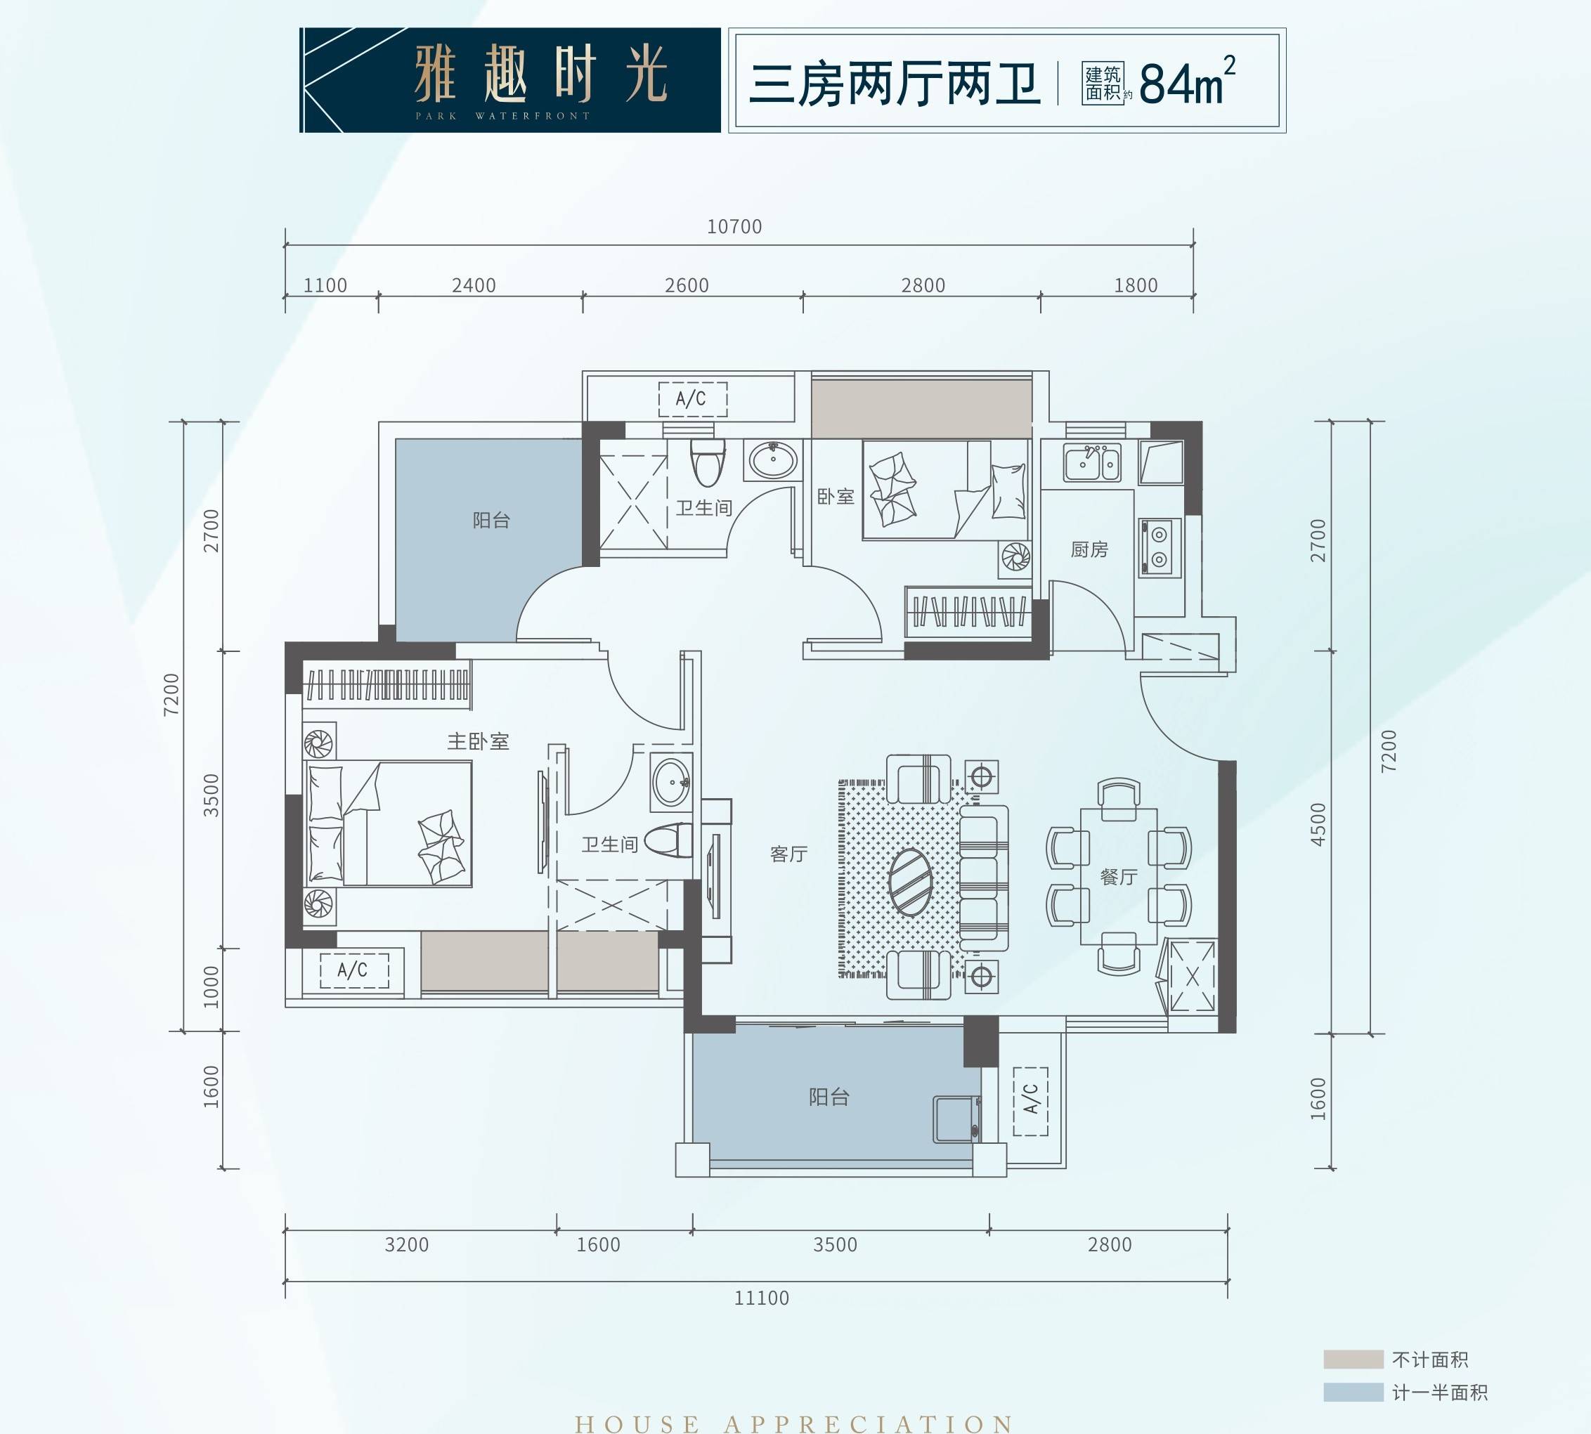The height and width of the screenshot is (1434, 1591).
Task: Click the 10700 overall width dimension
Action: click(x=734, y=227)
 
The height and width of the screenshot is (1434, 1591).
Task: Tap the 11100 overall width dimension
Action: click(x=761, y=1298)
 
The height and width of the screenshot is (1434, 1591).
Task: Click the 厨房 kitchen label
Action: click(x=1089, y=549)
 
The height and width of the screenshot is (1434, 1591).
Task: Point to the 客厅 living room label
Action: click(x=788, y=854)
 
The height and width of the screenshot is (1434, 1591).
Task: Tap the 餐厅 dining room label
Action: click(x=1119, y=876)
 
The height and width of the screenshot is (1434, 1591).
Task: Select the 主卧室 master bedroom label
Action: click(x=479, y=741)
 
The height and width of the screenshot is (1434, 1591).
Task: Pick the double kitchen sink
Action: click(x=1092, y=462)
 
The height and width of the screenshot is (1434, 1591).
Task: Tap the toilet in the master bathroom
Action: click(x=668, y=841)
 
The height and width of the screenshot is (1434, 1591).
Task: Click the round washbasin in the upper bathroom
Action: click(x=772, y=459)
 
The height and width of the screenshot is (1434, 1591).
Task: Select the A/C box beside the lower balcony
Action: click(x=1030, y=1101)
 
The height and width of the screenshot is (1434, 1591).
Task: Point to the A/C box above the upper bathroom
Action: click(x=693, y=400)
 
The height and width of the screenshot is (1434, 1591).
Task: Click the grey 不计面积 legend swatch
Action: click(x=1353, y=1359)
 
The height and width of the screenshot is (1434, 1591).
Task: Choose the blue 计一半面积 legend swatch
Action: click(x=1353, y=1393)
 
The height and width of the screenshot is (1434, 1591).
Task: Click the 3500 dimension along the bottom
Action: click(x=835, y=1245)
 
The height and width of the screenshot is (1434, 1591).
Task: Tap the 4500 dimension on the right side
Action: click(x=1318, y=824)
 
